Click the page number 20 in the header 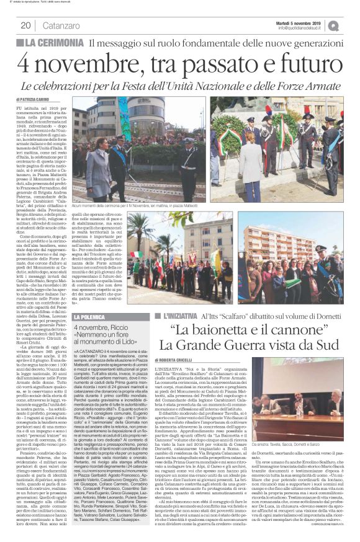pyautogui.click(x=26, y=25)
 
